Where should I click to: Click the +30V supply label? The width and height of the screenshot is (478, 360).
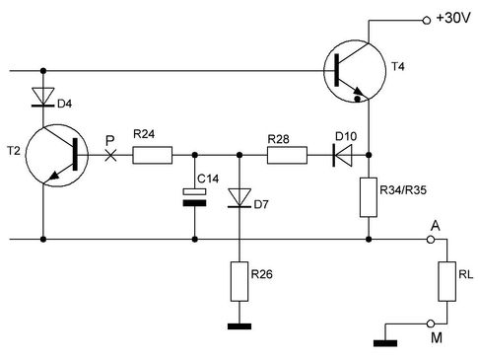[453, 18]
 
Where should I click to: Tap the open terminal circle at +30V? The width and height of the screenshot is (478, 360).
[427, 21]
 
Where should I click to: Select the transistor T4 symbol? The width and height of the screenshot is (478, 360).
[355, 71]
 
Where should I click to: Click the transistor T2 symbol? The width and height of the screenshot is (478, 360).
[56, 155]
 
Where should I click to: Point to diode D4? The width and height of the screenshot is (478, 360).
[42, 97]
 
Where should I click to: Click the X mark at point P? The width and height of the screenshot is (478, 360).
[110, 155]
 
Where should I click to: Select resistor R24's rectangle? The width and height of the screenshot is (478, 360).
[152, 155]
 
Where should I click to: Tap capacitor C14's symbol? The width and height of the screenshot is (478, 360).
[194, 197]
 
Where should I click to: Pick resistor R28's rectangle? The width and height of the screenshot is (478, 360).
[287, 155]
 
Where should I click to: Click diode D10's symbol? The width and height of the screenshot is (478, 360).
[343, 155]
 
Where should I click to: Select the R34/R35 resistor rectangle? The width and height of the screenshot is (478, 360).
[369, 197]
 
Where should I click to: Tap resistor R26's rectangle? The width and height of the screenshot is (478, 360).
[239, 281]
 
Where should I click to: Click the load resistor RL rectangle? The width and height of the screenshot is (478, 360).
[447, 281]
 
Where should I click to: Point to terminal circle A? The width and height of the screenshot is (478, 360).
[430, 240]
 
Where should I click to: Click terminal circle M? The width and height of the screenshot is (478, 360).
[430, 324]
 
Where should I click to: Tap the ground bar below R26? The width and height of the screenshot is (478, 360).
[239, 326]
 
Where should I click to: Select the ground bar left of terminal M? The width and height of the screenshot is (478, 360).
[385, 343]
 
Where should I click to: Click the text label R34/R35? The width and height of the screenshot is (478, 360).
[403, 190]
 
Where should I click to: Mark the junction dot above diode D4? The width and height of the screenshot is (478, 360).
[42, 71]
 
